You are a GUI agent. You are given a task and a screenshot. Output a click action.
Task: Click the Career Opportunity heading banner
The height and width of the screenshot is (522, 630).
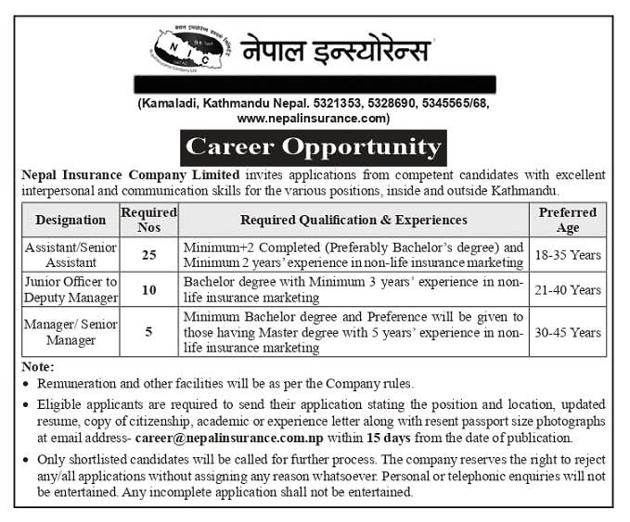pos(313,146)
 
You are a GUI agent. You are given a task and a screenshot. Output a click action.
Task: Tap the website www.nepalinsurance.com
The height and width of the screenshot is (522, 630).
pos(312,118)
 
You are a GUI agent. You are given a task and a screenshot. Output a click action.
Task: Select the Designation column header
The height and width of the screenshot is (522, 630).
pos(71,220)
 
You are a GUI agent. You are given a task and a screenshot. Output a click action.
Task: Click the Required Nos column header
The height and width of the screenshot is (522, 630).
pos(148,220)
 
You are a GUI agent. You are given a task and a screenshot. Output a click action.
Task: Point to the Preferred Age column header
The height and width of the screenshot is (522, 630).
pos(569,220)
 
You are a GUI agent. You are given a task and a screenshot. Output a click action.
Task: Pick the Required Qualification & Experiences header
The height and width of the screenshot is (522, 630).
pos(354,220)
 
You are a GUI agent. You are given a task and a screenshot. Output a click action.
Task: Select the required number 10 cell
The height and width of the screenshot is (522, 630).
pos(148,290)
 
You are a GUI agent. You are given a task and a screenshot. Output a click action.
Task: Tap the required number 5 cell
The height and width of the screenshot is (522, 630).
pos(148,331)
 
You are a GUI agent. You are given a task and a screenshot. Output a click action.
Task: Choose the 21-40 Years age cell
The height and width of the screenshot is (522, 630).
pos(569,290)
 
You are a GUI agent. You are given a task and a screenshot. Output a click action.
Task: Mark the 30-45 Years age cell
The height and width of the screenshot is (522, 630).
pos(569,331)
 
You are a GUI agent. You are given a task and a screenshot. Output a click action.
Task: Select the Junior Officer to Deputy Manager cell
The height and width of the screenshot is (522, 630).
pos(71,290)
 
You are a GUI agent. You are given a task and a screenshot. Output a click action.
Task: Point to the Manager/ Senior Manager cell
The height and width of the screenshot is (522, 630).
pos(71,331)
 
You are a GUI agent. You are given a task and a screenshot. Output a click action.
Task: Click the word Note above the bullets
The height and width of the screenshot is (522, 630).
pos(38,366)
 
